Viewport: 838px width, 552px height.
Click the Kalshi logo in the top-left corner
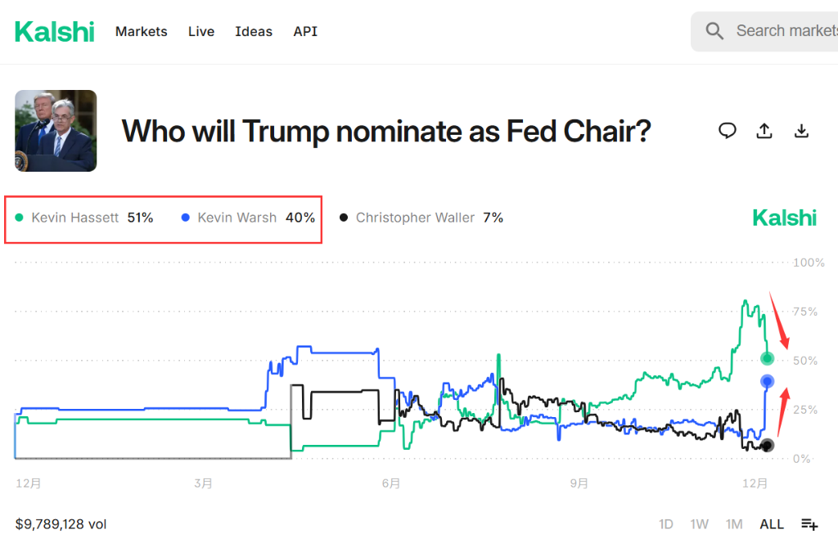[55, 32]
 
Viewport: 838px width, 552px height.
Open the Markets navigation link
[141, 32]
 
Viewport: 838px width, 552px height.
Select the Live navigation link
[201, 32]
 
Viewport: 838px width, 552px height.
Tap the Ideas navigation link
[254, 32]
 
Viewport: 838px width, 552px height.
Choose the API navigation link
[305, 32]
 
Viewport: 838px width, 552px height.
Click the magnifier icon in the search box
[714, 31]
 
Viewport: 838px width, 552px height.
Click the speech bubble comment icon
[727, 131]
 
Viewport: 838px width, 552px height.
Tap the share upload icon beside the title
[764, 131]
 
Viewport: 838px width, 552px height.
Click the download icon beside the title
[802, 131]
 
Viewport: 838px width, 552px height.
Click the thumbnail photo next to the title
[56, 131]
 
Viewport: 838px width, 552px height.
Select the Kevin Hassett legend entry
[74, 218]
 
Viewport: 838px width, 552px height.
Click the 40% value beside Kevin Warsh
[300, 218]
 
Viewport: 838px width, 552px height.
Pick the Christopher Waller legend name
[415, 218]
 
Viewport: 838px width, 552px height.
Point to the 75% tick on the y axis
[805, 312]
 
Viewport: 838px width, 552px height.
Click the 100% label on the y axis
[809, 263]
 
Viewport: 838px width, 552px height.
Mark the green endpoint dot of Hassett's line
[767, 358]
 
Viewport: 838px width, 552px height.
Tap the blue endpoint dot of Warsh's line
[767, 380]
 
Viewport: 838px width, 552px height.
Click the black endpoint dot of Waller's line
[767, 445]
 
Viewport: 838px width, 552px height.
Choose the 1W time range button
[699, 524]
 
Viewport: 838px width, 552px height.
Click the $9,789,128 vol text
[61, 524]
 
